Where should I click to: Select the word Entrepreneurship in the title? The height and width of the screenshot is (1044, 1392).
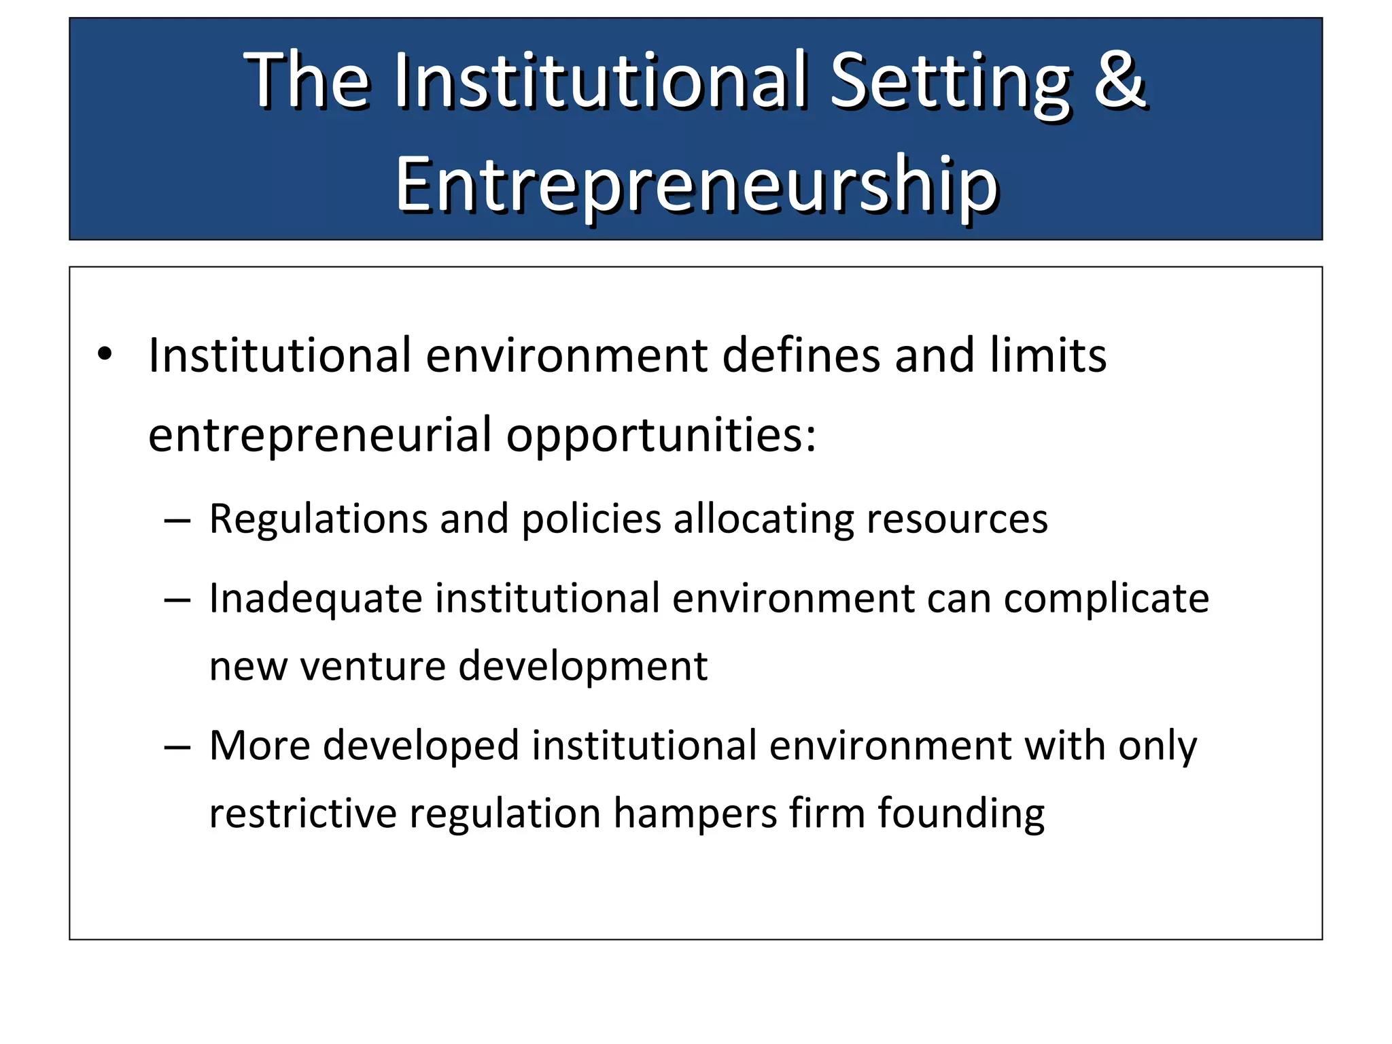696,186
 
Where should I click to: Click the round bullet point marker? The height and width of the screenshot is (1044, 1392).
104,354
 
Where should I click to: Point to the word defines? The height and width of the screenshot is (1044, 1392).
801,355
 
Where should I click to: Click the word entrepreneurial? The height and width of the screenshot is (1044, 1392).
319,436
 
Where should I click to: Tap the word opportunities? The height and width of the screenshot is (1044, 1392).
660,436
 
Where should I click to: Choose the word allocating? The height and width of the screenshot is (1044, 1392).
763,520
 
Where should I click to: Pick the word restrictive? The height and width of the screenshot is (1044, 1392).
302,813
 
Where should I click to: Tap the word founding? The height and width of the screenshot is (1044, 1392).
961,814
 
